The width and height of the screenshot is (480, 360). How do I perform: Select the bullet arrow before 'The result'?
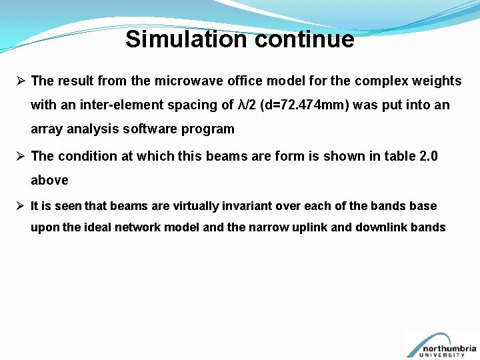[x=21, y=81]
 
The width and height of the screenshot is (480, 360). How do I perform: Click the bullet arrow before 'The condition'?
[x=21, y=156]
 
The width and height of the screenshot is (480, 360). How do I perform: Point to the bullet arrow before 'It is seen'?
[x=21, y=206]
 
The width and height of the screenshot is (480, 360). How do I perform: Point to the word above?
[x=49, y=180]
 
